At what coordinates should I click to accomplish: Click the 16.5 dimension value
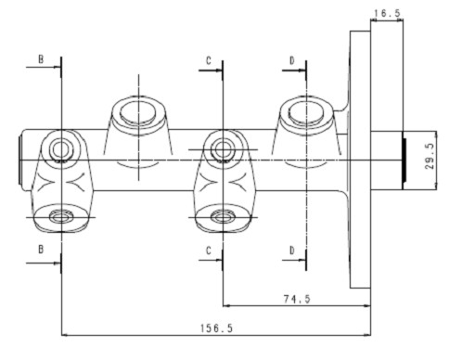pyautogui.click(x=387, y=13)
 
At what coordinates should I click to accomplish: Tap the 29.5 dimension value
pyautogui.click(x=430, y=157)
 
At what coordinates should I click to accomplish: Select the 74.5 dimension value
pyautogui.click(x=297, y=299)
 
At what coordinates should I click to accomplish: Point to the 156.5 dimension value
pyautogui.click(x=216, y=328)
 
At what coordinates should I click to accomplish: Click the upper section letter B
pyautogui.click(x=41, y=59)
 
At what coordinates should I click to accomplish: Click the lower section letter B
pyautogui.click(x=41, y=250)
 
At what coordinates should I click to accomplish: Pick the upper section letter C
pyautogui.click(x=209, y=60)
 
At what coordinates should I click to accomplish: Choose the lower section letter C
pyautogui.click(x=209, y=251)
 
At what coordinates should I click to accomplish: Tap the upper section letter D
pyautogui.click(x=292, y=60)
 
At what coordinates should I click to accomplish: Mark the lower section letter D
pyautogui.click(x=292, y=251)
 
